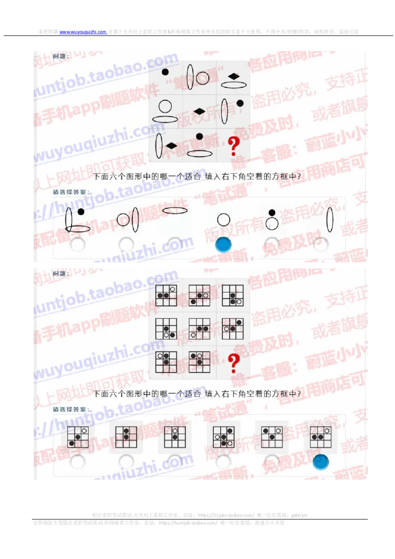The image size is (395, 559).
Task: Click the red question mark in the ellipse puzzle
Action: [234, 147]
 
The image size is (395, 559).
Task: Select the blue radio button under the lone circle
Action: [223, 244]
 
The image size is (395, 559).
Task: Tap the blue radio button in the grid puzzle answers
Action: [320, 461]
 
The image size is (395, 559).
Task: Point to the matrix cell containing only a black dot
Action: [165, 78]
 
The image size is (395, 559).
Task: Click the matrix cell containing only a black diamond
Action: [199, 111]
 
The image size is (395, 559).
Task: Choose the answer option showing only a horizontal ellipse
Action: [175, 211]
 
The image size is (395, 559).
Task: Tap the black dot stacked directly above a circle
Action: [271, 213]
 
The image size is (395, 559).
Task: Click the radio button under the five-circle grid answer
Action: [223, 461]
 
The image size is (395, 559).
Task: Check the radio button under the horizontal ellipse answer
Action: [175, 244]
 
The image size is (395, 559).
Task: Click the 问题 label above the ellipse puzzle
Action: [61, 56]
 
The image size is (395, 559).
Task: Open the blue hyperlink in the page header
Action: [83, 32]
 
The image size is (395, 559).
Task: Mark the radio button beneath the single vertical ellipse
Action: [320, 244]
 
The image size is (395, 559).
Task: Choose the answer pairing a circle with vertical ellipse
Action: [127, 219]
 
